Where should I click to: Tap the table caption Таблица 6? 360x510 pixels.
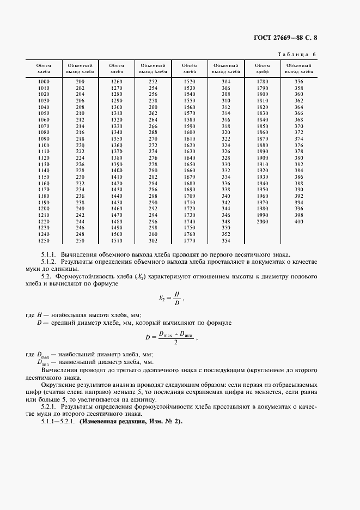click(297, 54)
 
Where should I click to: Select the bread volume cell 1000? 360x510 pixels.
click(44, 81)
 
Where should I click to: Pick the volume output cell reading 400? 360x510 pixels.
click(298, 222)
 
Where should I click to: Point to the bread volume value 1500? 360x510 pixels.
click(117, 234)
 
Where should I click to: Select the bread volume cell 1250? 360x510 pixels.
click(44, 240)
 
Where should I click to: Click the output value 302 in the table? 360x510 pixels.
click(152, 240)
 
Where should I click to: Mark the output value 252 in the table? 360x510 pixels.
click(152, 81)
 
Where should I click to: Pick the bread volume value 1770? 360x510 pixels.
click(190, 240)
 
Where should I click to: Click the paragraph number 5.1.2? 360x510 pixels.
click(50, 263)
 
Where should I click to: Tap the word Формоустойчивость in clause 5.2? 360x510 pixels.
click(88, 277)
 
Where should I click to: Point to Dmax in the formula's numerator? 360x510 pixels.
click(165, 333)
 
